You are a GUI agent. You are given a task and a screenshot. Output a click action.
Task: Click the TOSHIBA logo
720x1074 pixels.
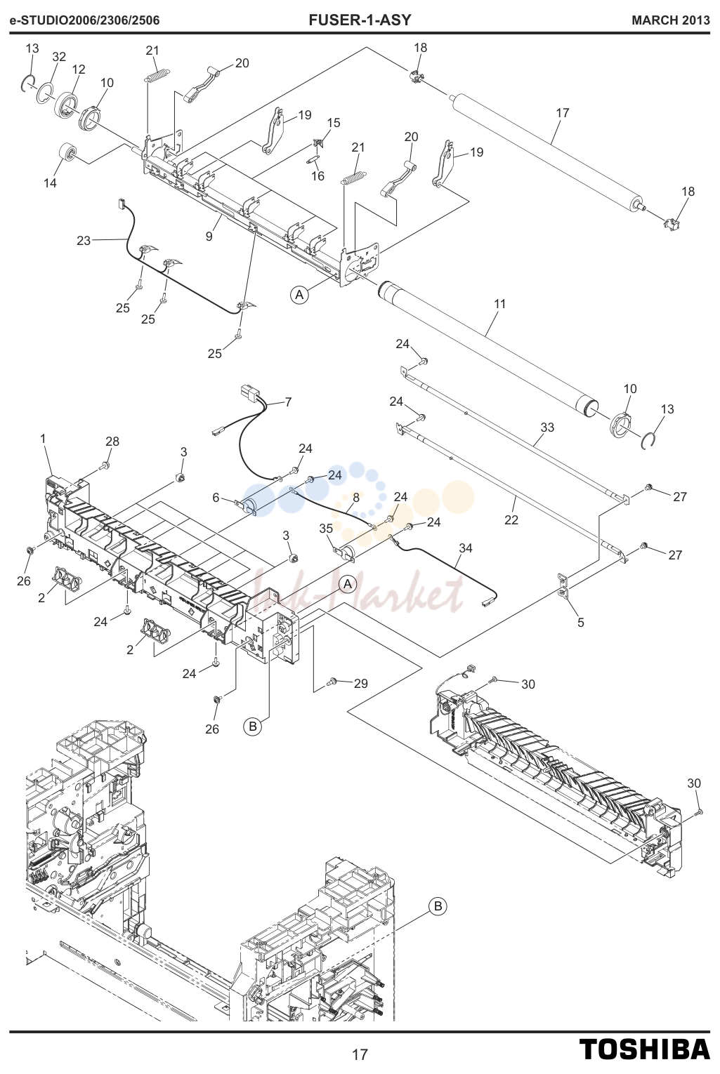[645, 1049]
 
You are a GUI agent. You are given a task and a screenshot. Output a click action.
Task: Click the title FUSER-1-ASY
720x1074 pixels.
[360, 20]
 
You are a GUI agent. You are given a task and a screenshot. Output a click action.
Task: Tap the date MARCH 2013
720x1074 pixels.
[671, 20]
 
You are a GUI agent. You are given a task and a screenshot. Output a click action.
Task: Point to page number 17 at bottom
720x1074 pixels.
[360, 1054]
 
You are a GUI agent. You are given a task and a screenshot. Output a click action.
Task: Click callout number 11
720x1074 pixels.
[499, 304]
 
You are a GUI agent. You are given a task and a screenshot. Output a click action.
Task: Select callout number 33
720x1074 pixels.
[547, 427]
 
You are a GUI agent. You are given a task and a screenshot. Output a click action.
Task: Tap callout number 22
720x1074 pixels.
[511, 519]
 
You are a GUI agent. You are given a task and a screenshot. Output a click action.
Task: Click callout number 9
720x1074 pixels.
[209, 237]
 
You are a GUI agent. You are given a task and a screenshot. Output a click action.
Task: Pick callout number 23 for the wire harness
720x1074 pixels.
[84, 241]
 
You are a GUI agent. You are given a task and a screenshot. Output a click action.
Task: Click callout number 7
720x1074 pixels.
[288, 402]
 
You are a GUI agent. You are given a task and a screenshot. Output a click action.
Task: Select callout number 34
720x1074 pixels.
[465, 548]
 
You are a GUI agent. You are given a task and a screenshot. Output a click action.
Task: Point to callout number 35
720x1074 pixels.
[326, 529]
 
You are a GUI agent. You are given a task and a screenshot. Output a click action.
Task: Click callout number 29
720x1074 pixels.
[361, 684]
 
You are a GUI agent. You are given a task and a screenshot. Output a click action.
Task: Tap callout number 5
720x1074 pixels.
[581, 623]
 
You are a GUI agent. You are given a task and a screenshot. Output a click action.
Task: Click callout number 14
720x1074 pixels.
[51, 183]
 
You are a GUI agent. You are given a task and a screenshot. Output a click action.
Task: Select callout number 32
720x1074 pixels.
[59, 57]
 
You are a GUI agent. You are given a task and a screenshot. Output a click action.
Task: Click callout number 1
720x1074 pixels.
[43, 439]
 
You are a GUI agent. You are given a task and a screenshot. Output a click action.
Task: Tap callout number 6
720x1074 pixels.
[216, 498]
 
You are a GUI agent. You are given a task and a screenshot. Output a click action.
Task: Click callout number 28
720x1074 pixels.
[112, 441]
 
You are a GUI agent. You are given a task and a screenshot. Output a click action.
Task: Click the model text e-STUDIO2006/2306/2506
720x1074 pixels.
[85, 20]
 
